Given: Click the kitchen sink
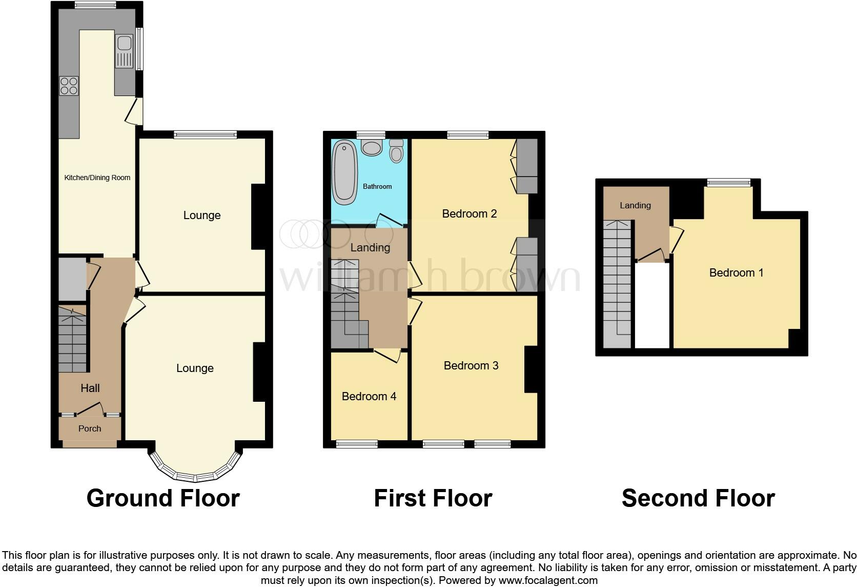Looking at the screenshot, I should pos(125,51).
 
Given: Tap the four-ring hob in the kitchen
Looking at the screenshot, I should pos(69,86).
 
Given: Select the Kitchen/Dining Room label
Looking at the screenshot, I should pos(97,178).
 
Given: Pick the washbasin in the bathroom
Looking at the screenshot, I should pos(372,147).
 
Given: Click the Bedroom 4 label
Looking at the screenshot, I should pos(369,396).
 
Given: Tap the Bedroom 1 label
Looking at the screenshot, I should pos(736,272).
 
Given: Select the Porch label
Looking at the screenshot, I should pos(90,428).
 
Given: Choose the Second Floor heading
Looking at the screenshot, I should pos(698,498).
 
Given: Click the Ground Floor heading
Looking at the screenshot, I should pos(163,498).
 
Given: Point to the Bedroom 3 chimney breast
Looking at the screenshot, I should pos(530,369).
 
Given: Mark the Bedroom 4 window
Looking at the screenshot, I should pos(357,444).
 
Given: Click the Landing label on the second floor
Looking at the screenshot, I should pos(635,205).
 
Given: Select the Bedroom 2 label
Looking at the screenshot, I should pos(469,213).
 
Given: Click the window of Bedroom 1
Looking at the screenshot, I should pos(728,182).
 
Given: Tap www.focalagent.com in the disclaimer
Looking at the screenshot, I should pos(547,580).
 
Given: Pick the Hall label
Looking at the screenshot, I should pos(90,388).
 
